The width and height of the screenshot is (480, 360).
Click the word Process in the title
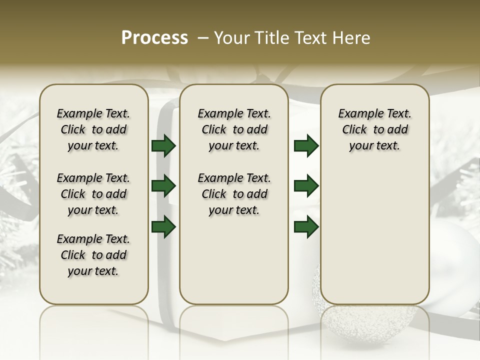(x=154, y=38)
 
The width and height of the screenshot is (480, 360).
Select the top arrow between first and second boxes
(x=163, y=145)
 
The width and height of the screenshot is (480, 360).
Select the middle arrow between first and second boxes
(x=163, y=186)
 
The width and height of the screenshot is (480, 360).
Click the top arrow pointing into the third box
(x=306, y=145)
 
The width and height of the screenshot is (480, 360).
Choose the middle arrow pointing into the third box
(x=306, y=186)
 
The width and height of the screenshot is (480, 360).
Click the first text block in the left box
(x=93, y=129)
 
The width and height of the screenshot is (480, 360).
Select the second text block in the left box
(x=93, y=194)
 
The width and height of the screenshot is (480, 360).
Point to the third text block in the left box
(x=93, y=255)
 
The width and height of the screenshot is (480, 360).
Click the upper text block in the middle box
(x=234, y=129)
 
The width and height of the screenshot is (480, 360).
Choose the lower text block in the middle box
(x=234, y=194)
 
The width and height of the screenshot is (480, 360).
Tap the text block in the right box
(x=374, y=129)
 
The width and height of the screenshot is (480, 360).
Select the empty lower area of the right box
(x=374, y=235)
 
